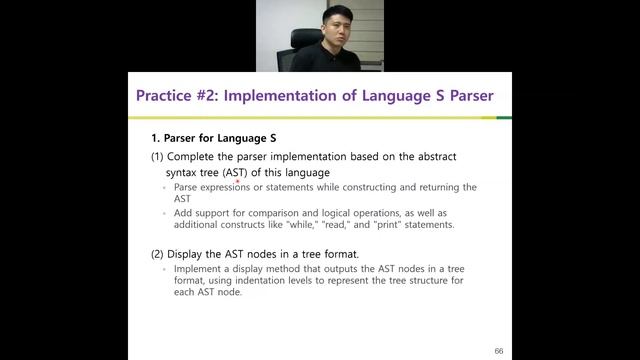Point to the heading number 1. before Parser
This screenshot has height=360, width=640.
click(155, 137)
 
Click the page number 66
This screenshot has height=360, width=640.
click(498, 351)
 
